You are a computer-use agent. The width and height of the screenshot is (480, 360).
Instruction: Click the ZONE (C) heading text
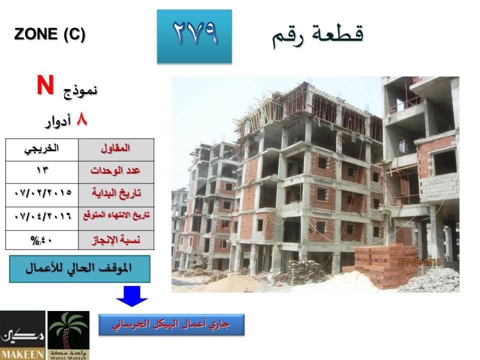tap(49, 33)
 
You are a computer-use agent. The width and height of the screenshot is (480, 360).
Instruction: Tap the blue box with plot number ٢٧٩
tap(194, 36)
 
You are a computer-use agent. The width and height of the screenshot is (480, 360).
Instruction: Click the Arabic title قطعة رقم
tap(318, 35)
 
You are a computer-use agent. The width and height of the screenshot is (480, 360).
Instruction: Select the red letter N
tap(45, 85)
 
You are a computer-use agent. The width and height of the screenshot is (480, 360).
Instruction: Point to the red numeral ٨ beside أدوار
tap(81, 119)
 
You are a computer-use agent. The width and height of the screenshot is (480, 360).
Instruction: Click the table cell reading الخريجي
tap(42, 149)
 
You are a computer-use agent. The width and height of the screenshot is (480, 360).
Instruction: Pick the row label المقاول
tap(115, 148)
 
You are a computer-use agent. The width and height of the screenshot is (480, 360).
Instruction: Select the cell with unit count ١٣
tap(42, 172)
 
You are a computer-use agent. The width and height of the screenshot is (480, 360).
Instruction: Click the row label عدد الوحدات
tap(115, 170)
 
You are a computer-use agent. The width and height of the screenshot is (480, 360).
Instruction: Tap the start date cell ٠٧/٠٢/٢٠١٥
tap(42, 195)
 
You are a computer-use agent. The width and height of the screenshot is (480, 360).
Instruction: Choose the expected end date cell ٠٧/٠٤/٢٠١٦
tap(42, 218)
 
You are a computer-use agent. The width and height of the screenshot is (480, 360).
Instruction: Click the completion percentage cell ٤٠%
tap(42, 240)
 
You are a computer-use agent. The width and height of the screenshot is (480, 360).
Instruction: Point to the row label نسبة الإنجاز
tap(116, 240)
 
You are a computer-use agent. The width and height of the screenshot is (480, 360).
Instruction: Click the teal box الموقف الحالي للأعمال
tap(79, 269)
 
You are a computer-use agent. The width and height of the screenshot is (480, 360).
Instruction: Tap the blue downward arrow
tap(132, 296)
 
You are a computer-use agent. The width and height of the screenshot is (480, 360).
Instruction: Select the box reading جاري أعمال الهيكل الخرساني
tap(171, 324)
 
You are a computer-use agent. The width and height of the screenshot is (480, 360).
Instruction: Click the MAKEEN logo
tap(22, 335)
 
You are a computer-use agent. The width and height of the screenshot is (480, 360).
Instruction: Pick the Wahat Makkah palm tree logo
tap(68, 335)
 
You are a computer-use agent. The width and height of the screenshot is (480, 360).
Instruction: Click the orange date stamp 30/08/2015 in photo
tap(419, 262)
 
